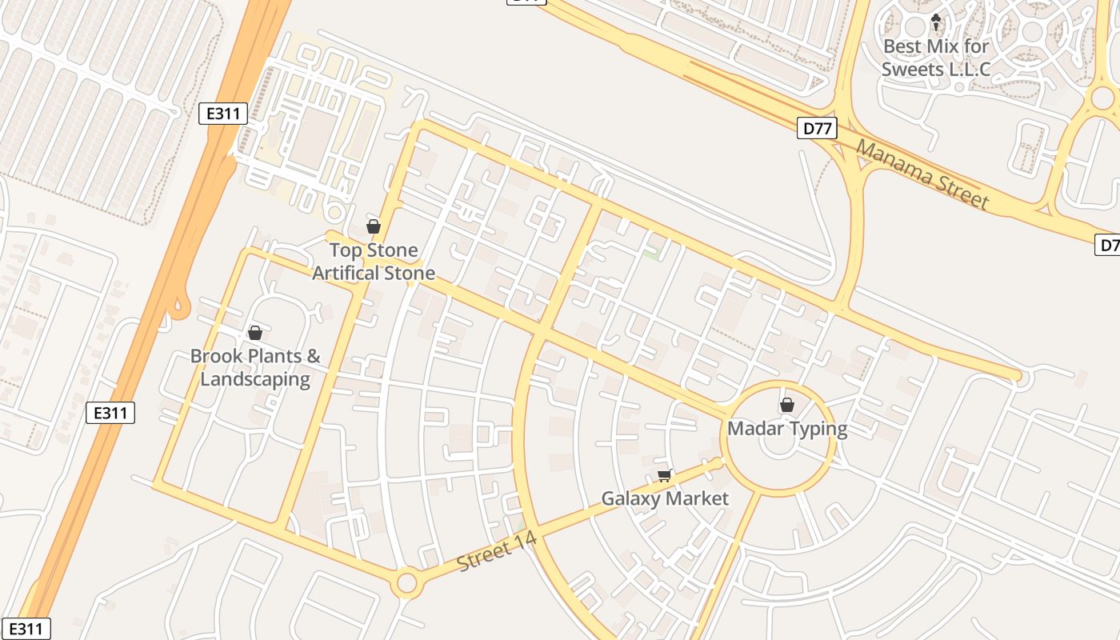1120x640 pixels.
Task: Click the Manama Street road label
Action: tap(922, 174)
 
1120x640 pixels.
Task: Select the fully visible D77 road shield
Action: tap(817, 128)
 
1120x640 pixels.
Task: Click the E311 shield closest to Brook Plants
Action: tap(110, 413)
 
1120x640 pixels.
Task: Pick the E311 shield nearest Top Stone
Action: tap(223, 114)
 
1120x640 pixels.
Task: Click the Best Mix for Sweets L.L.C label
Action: tap(936, 58)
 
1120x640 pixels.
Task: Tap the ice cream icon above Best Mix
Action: tap(936, 22)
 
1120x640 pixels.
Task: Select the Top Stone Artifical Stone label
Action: tap(374, 262)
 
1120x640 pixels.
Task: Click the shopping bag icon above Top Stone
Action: tap(373, 226)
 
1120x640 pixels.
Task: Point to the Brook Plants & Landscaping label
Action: tap(255, 367)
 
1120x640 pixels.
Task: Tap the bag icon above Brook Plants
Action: tap(255, 333)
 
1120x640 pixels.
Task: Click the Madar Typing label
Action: tap(787, 429)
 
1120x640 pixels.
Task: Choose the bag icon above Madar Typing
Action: tap(787, 405)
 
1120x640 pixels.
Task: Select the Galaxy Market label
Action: tap(665, 499)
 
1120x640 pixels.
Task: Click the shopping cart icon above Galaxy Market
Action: tap(664, 476)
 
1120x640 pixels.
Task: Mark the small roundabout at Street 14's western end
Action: tap(406, 583)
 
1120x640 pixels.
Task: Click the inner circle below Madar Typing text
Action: tap(779, 446)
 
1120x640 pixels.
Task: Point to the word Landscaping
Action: tap(255, 378)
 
